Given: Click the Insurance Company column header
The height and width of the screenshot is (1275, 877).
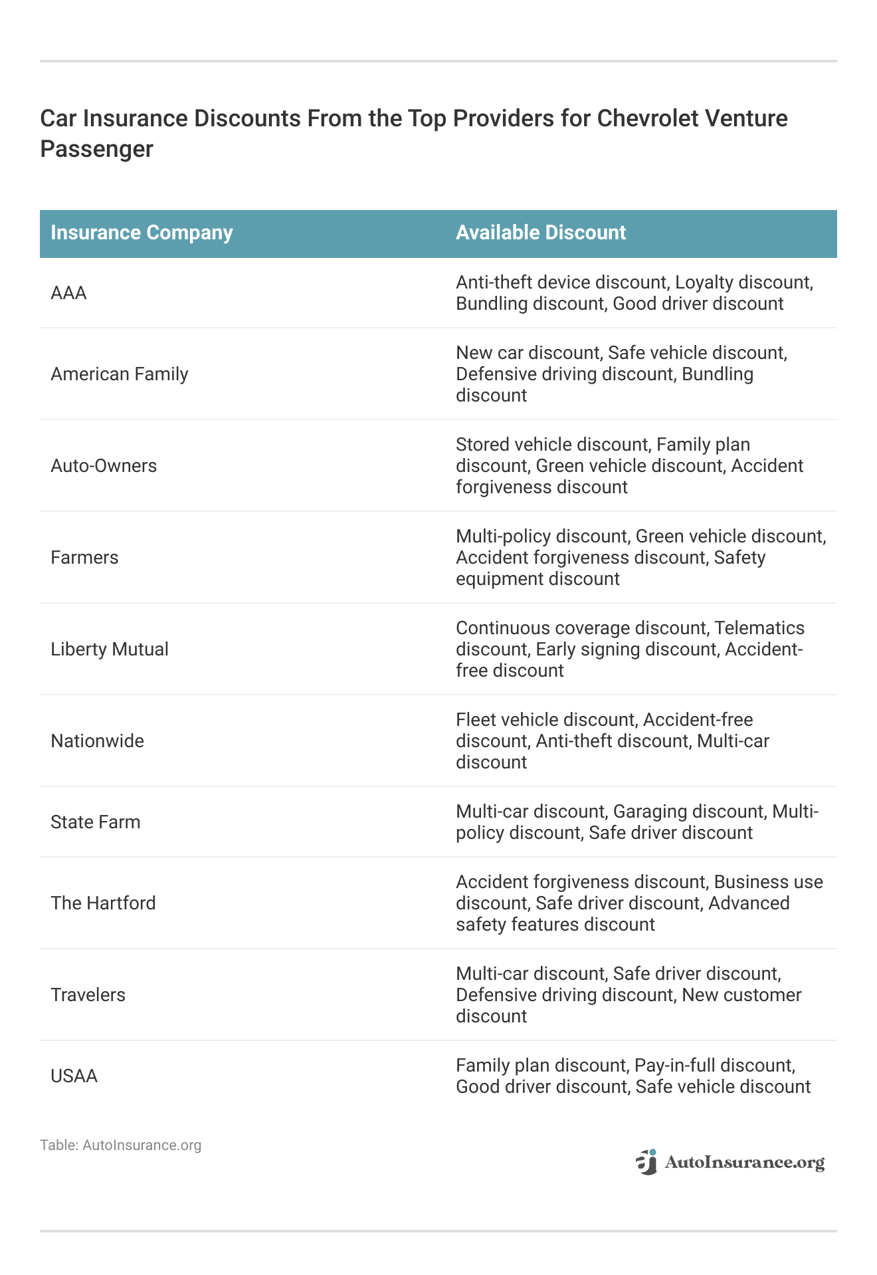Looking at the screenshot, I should pyautogui.click(x=142, y=233).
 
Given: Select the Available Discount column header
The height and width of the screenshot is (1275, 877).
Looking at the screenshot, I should pyautogui.click(x=540, y=233).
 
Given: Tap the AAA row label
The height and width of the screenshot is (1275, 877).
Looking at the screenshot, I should pyautogui.click(x=68, y=293).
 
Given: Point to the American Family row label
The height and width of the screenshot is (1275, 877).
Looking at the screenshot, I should pyautogui.click(x=120, y=374).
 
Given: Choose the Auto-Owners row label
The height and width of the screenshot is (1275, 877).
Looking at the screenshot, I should pyautogui.click(x=104, y=466).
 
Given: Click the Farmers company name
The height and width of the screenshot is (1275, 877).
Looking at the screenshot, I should pyautogui.click(x=84, y=558).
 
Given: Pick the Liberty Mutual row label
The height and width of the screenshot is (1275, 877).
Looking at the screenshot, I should pyautogui.click(x=110, y=649).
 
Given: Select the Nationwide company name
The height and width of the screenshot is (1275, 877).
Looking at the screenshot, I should pyautogui.click(x=97, y=741).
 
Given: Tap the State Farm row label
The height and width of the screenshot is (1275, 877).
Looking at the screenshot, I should pyautogui.click(x=96, y=822).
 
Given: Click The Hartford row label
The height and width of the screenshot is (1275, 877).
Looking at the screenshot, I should pyautogui.click(x=103, y=903).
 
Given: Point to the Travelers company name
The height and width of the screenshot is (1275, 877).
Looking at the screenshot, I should pyautogui.click(x=88, y=995).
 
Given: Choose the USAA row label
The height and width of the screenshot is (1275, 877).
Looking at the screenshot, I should pyautogui.click(x=74, y=1076).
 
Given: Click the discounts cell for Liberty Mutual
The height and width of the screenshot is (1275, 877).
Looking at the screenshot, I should pyautogui.click(x=629, y=649).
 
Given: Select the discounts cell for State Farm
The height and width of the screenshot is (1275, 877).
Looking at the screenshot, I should pyautogui.click(x=636, y=822).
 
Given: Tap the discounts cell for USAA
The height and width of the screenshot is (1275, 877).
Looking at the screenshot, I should pyautogui.click(x=633, y=1076).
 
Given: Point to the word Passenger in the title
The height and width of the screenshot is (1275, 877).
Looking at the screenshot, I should pyautogui.click(x=96, y=149).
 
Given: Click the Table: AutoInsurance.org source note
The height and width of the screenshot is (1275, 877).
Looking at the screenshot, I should pyautogui.click(x=120, y=1145).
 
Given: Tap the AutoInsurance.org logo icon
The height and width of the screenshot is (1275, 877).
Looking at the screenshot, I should pyautogui.click(x=646, y=1162).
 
